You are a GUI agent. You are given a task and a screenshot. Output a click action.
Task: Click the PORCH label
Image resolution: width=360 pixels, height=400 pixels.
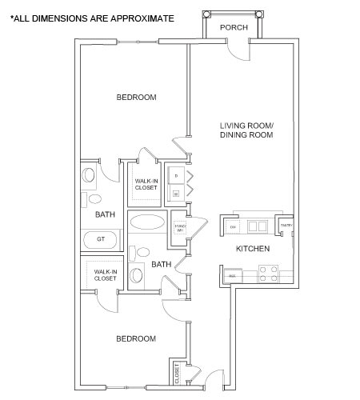pos(234,27)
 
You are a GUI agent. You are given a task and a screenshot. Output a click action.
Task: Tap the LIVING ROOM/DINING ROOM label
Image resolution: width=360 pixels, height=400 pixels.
pos(247,131)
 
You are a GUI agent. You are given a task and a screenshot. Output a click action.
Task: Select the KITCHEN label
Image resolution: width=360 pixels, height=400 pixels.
pos(252,250)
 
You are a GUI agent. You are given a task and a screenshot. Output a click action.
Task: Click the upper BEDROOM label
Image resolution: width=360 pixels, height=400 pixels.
pos(136,98)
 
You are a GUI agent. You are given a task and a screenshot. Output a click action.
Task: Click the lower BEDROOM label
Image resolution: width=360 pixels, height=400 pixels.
pos(136,339)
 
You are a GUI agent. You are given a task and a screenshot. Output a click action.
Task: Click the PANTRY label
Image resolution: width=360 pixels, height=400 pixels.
pos(286,226)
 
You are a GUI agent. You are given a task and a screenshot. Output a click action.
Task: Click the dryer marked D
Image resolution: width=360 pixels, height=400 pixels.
pos(175,174)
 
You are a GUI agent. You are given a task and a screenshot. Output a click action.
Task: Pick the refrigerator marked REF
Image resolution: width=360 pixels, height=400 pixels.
pos(231,276)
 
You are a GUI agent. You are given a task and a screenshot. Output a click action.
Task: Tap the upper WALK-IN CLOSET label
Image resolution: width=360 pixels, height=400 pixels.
pos(146,185)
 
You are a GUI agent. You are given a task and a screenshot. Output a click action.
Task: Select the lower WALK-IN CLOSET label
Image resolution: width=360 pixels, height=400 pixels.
pos(106,275)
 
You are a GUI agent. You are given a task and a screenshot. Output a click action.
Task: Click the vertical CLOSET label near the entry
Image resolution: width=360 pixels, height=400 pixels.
pos(177,373)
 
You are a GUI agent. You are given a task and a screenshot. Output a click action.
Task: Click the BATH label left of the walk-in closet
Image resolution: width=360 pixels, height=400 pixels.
pos(105,214)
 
